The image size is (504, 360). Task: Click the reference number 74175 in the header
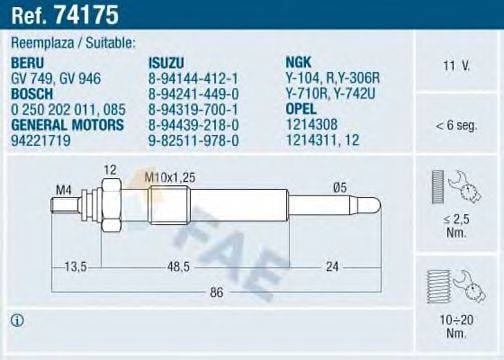(60, 14)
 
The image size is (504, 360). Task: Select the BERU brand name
(27, 60)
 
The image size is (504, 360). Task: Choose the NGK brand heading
(298, 60)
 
